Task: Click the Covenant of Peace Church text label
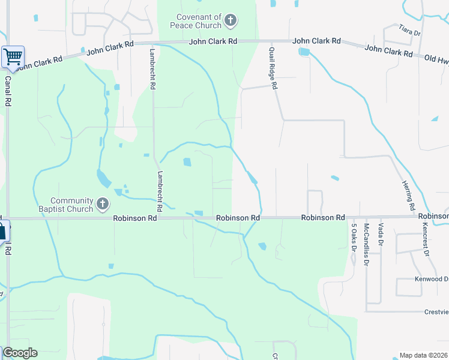pyautogui.click(x=199, y=22)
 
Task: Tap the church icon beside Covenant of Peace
pyautogui.click(x=230, y=22)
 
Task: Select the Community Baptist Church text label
pyautogui.click(x=72, y=205)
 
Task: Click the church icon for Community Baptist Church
pyautogui.click(x=103, y=205)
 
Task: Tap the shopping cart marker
pyautogui.click(x=13, y=58)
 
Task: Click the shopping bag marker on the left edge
pyautogui.click(x=2, y=230)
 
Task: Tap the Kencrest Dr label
pyautogui.click(x=426, y=240)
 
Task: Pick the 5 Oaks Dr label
pyautogui.click(x=354, y=236)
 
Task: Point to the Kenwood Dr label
pyautogui.click(x=431, y=279)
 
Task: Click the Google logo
pyautogui.click(x=20, y=353)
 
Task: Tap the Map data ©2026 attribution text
pyautogui.click(x=424, y=355)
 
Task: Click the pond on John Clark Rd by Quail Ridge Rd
pyautogui.click(x=304, y=52)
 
